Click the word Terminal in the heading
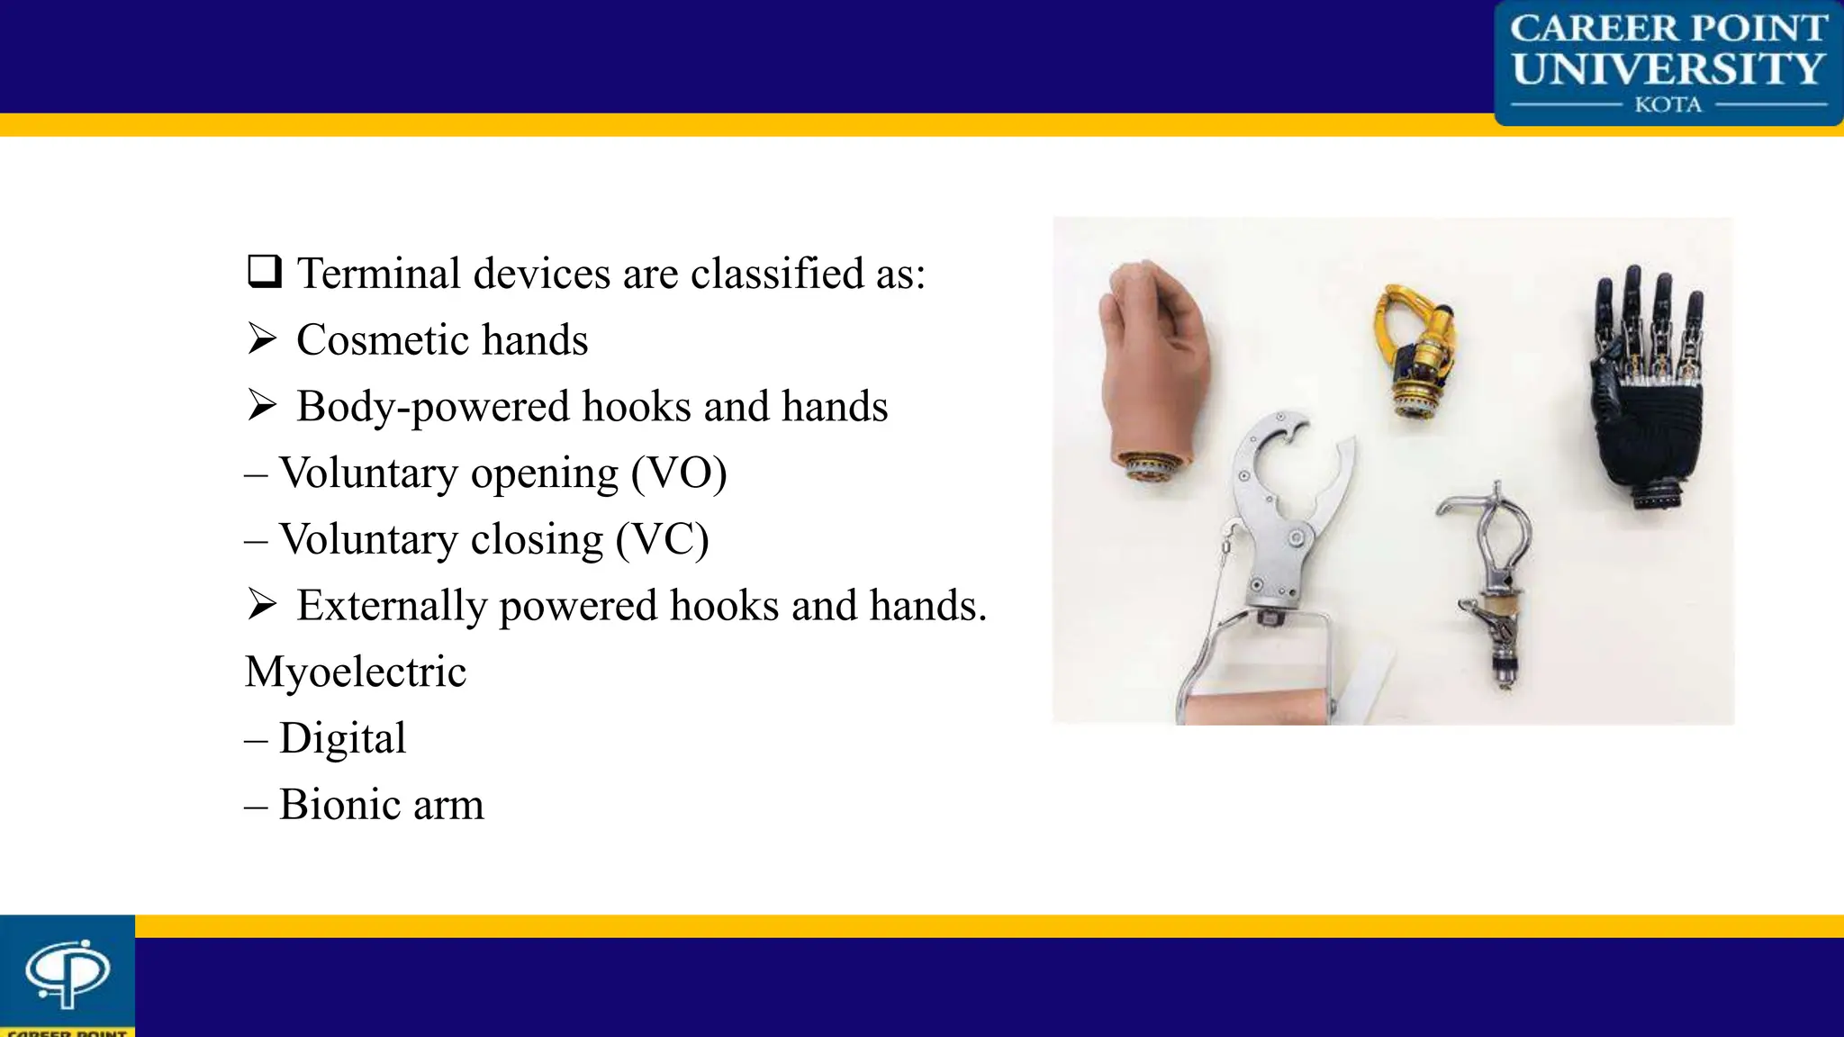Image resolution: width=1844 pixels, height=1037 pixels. [379, 274]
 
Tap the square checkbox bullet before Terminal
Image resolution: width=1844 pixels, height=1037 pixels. [265, 271]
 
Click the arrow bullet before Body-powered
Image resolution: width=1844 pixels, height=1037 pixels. [262, 406]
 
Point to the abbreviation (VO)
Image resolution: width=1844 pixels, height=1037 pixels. [678, 473]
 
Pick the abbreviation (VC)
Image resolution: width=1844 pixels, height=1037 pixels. [662, 540]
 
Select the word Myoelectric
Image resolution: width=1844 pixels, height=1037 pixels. [356, 672]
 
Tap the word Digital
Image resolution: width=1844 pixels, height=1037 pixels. [342, 739]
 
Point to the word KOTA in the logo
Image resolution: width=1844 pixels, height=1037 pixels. [1668, 105]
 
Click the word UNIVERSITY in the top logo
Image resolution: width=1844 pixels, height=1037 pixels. [1668, 68]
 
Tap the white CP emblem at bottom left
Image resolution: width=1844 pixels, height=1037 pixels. [68, 972]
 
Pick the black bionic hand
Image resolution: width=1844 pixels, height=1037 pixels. [1648, 396]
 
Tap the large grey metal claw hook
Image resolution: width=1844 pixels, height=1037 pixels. [1279, 504]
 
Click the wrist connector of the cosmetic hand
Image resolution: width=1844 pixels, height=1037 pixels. [1150, 467]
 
